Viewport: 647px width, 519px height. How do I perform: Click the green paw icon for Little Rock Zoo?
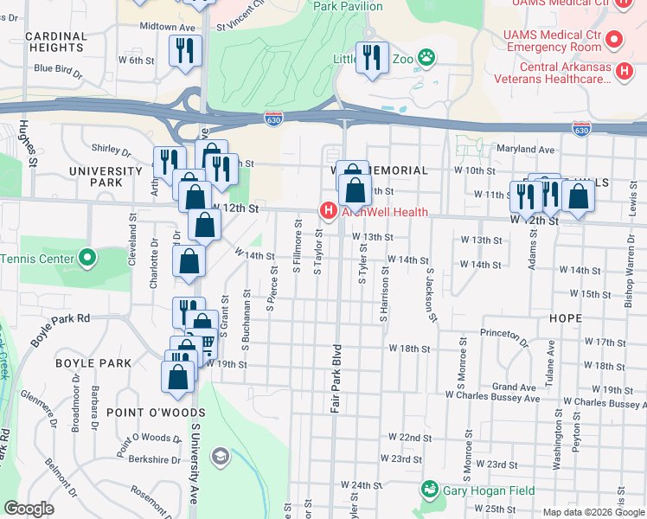(x=426, y=58)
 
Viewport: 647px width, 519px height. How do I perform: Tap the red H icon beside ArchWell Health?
(x=328, y=210)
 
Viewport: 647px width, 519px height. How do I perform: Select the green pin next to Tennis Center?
(x=87, y=258)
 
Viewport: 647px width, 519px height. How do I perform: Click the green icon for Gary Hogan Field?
(x=429, y=490)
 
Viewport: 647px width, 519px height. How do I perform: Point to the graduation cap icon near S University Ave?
(x=221, y=456)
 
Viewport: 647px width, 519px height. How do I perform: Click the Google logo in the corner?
(x=29, y=509)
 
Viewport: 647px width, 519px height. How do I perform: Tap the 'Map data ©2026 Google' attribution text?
(x=593, y=512)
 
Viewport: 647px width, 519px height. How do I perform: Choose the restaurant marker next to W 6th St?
(x=185, y=51)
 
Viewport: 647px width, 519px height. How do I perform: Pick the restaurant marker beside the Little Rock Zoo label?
(x=372, y=58)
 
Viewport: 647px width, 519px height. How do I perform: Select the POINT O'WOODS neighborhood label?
(x=156, y=413)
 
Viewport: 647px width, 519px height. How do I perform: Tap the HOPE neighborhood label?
(x=565, y=318)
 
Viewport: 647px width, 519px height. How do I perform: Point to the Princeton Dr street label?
(x=503, y=333)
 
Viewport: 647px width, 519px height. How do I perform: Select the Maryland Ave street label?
(x=524, y=149)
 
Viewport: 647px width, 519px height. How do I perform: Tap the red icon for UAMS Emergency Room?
(x=614, y=39)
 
